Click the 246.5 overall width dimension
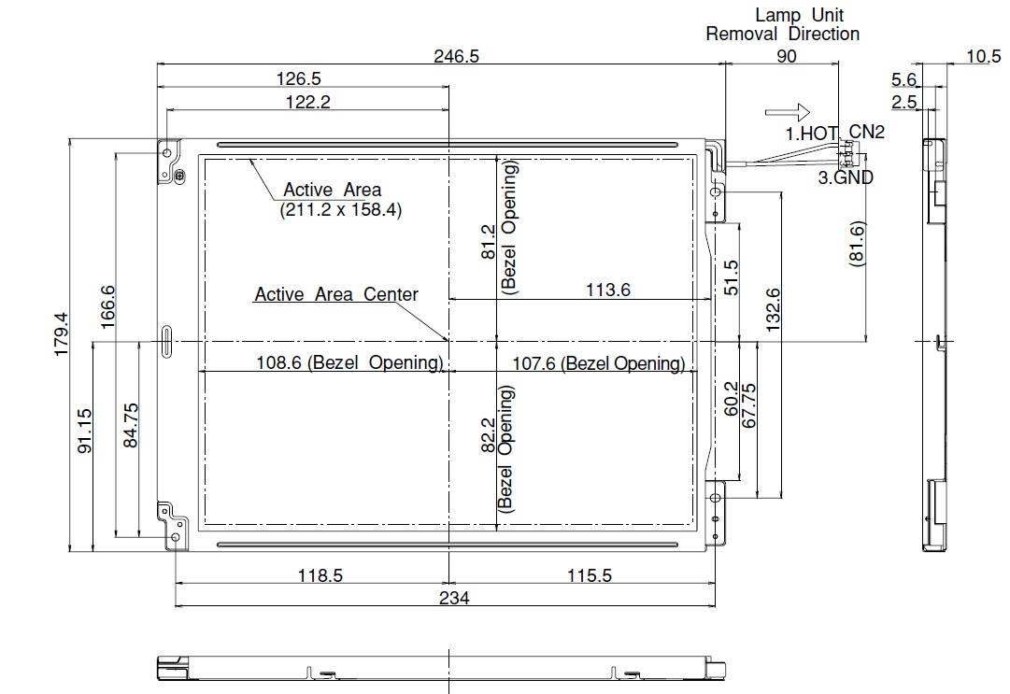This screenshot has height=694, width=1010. pyautogui.click(x=456, y=57)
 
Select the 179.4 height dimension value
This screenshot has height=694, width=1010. pyautogui.click(x=61, y=334)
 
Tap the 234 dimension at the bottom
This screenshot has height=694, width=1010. pyautogui.click(x=454, y=598)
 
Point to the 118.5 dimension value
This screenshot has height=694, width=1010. pyautogui.click(x=320, y=574)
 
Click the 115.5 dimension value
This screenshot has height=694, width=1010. pyautogui.click(x=590, y=574)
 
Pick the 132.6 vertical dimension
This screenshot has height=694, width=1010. pyautogui.click(x=773, y=310)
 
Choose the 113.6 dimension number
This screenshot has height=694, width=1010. pyautogui.click(x=607, y=290)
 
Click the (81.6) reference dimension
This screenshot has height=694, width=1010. pyautogui.click(x=858, y=244)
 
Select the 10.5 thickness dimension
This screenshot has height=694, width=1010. pyautogui.click(x=984, y=57)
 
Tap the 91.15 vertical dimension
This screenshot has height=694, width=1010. pyautogui.click(x=84, y=431)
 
